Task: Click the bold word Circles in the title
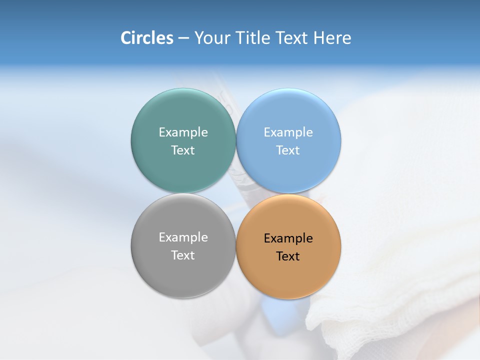pyautogui.click(x=147, y=38)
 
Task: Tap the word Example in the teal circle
pyautogui.click(x=183, y=132)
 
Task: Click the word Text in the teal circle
pyautogui.click(x=183, y=150)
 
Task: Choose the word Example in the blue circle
pyautogui.click(x=288, y=132)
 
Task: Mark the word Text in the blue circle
pyautogui.click(x=288, y=150)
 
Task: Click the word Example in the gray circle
pyautogui.click(x=183, y=237)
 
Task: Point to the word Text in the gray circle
pyautogui.click(x=183, y=255)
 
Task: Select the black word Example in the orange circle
pyautogui.click(x=288, y=238)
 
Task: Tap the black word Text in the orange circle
pyautogui.click(x=288, y=256)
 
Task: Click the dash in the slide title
pyautogui.click(x=183, y=38)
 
